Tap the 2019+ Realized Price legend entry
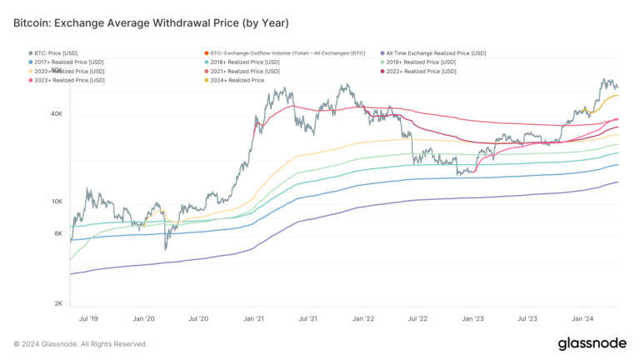click(422, 62)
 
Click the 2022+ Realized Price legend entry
click(422, 72)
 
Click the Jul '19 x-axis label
click(89, 318)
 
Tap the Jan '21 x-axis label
click(254, 318)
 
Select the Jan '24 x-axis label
click(582, 318)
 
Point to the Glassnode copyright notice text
click(81, 343)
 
